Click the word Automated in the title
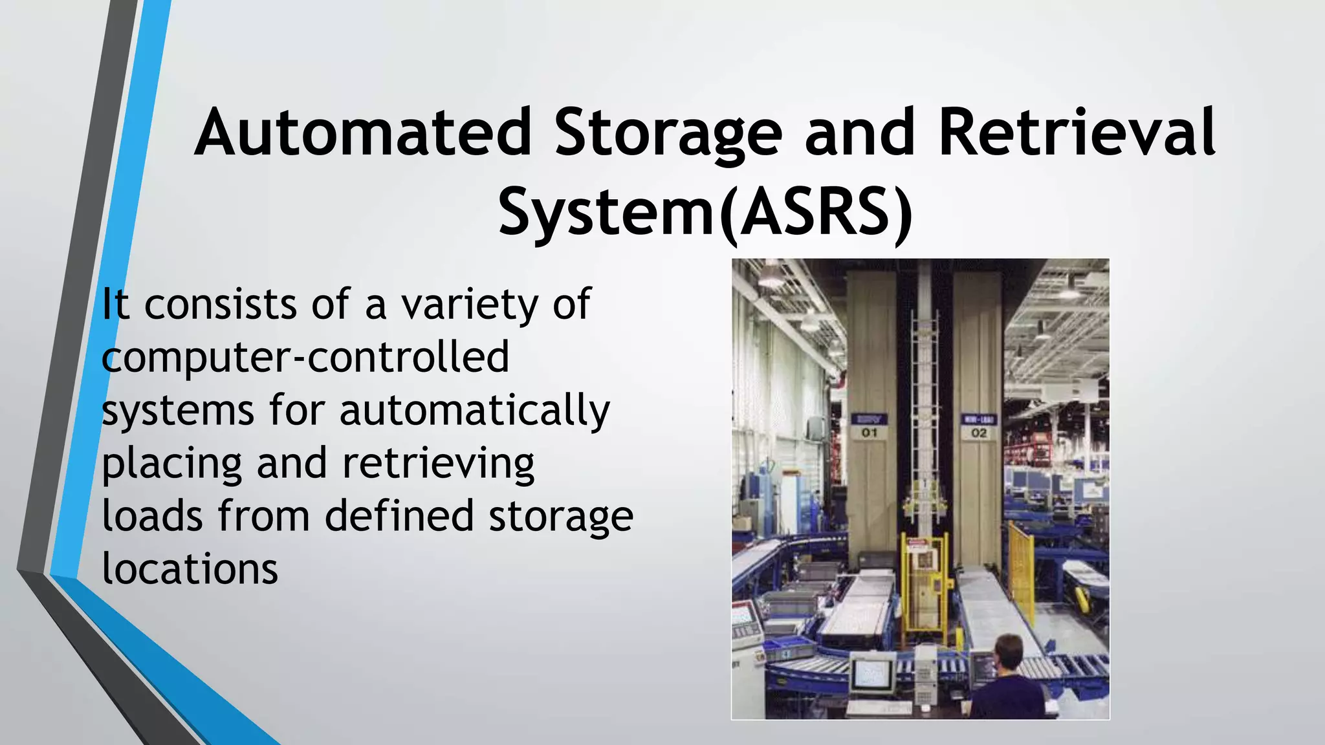pyautogui.click(x=363, y=134)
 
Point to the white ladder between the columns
pyautogui.click(x=924, y=388)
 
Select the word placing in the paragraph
pyautogui.click(x=171, y=463)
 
